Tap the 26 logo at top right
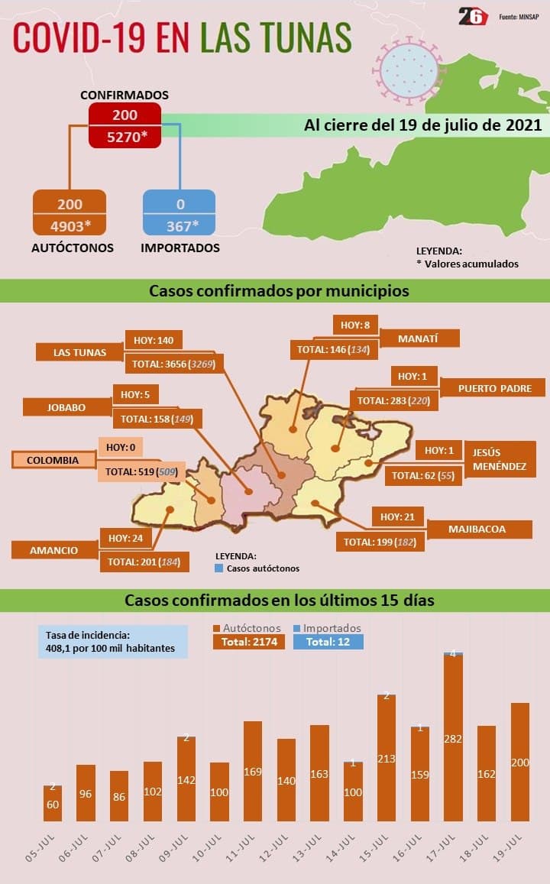[x=473, y=16]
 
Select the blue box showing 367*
[x=180, y=225]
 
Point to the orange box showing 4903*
[x=70, y=225]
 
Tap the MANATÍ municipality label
[x=419, y=338]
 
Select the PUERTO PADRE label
[x=494, y=388]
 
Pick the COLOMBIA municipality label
[x=53, y=460]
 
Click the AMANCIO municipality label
[x=54, y=549]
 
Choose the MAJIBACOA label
[x=477, y=529]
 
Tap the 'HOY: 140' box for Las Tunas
[x=154, y=340]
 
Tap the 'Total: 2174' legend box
[x=248, y=642]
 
